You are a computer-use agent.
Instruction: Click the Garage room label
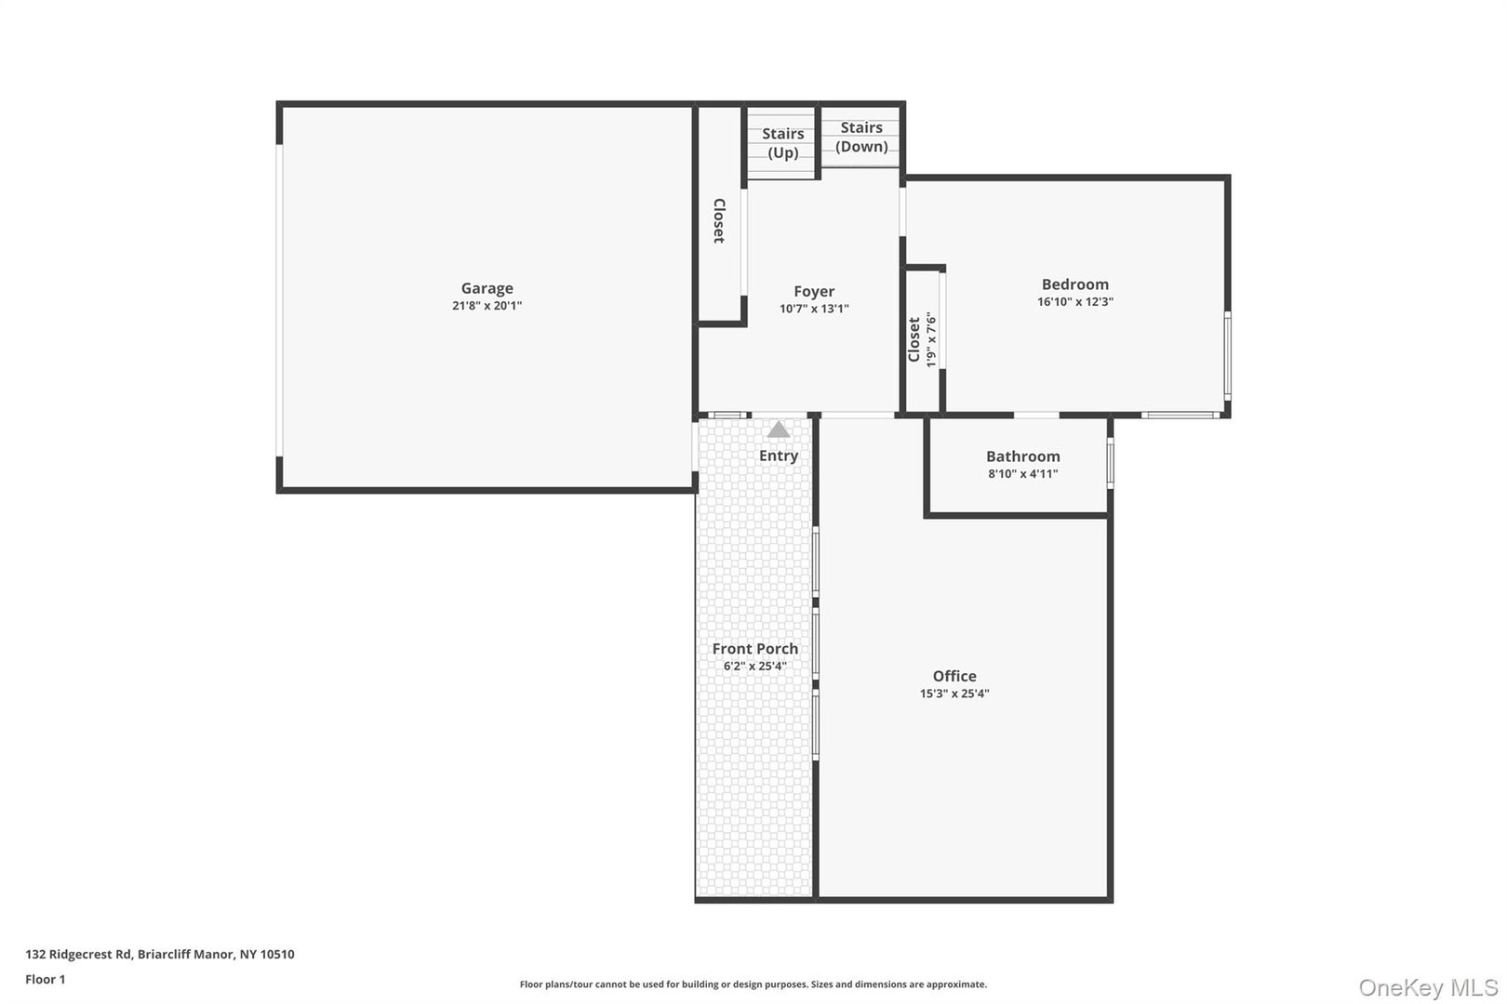(487, 288)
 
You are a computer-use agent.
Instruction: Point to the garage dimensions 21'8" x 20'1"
(487, 306)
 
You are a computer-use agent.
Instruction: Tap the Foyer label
(814, 291)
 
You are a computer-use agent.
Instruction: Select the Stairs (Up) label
(782, 143)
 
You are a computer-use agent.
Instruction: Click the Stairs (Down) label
(861, 137)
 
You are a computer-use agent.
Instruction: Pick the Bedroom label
(1074, 284)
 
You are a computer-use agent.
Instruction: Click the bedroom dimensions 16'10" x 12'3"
(1075, 302)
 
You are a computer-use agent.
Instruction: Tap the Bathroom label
(1022, 456)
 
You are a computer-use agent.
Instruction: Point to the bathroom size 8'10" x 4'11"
(1022, 474)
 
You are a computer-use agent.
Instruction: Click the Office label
(954, 676)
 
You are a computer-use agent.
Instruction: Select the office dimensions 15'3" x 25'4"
(954, 694)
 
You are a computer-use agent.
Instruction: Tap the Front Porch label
(754, 649)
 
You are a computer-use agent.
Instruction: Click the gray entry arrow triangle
(779, 429)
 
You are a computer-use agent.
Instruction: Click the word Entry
(779, 456)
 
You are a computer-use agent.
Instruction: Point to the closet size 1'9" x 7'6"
(931, 339)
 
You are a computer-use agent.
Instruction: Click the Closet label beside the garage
(719, 221)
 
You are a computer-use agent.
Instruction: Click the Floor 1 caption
(45, 979)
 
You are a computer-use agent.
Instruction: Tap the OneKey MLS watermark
(1428, 987)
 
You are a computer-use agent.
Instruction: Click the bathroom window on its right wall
(1110, 462)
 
